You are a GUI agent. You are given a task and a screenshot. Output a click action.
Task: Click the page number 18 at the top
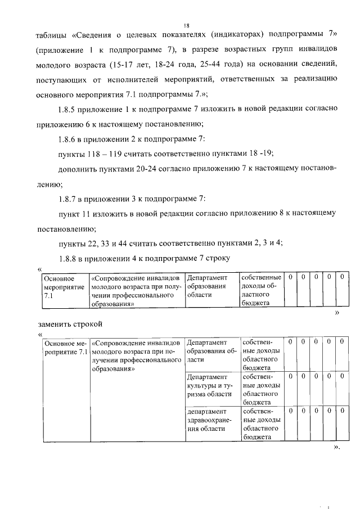coord(185,24)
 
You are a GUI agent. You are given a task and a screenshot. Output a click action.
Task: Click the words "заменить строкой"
coord(70,325)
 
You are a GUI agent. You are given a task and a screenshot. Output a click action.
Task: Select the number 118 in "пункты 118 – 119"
coord(94,154)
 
